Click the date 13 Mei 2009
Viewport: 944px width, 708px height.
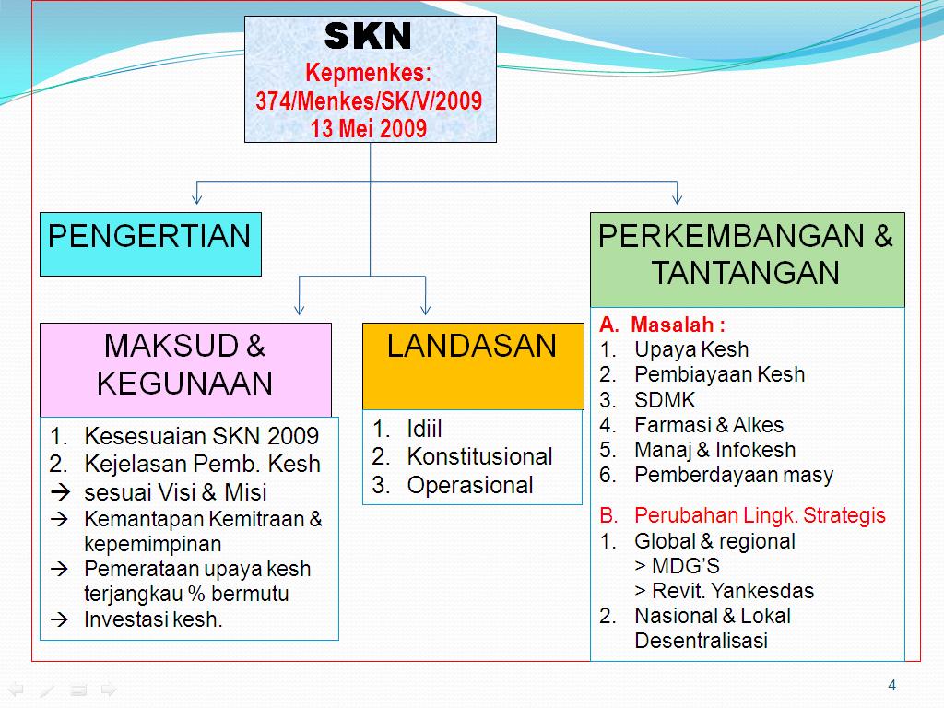[369, 128]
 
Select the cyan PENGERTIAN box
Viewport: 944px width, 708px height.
[149, 243]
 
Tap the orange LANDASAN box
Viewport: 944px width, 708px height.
[472, 365]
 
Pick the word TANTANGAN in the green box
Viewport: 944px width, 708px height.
[746, 273]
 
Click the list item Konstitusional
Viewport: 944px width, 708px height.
[479, 456]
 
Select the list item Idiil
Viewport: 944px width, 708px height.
[425, 429]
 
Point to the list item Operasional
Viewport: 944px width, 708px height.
[470, 485]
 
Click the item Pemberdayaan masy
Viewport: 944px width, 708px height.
[734, 475]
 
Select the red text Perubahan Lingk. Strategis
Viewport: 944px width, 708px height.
[760, 515]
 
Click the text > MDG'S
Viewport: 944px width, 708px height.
[678, 565]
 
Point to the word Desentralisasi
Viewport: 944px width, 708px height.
[701, 641]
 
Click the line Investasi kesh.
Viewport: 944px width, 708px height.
[153, 619]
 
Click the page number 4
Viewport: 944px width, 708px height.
[891, 685]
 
